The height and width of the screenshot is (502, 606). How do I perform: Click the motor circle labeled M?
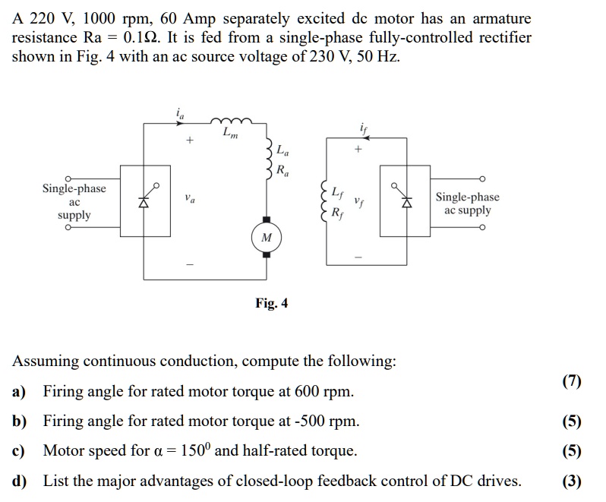tap(266, 238)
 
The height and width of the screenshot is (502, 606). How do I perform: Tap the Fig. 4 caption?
tap(271, 304)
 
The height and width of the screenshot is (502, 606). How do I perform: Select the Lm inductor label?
tap(229, 134)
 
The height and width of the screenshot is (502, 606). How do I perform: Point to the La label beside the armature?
tap(282, 150)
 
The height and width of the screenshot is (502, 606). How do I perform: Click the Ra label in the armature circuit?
tap(282, 169)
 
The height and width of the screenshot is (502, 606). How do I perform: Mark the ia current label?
tap(180, 114)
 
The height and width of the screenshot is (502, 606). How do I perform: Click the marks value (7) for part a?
tap(572, 381)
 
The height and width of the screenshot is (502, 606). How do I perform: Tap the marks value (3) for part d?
tap(572, 481)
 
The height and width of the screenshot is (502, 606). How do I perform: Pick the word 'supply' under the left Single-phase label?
tap(74, 215)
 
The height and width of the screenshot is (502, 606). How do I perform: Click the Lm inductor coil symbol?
tap(229, 122)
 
